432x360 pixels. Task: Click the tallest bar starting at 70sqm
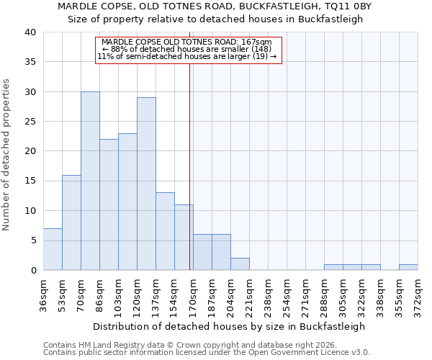coord(90,181)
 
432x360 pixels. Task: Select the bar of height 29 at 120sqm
coord(146,184)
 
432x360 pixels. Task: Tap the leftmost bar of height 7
coord(53,249)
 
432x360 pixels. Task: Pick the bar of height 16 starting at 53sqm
coord(71,222)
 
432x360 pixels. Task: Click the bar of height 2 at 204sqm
coord(240,264)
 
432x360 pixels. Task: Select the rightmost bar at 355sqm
coord(408,267)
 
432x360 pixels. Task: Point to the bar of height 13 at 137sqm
coord(165,231)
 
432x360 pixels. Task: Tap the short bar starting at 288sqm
coord(333,267)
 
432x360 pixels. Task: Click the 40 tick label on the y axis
coord(30,32)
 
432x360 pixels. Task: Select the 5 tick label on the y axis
coord(32,240)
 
